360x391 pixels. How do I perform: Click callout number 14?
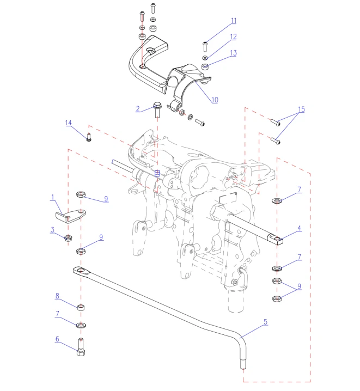[69, 123]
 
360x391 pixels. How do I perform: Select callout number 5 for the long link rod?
[266, 322]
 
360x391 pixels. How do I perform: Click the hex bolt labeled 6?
[80, 347]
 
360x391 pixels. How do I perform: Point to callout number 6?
[57, 339]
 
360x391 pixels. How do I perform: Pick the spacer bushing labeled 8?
[80, 307]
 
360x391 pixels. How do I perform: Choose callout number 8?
[57, 296]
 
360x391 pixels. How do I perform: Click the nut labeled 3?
[69, 238]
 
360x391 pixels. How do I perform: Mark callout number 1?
[53, 197]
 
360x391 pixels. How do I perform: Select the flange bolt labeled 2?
[157, 109]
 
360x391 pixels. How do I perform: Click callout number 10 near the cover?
[215, 100]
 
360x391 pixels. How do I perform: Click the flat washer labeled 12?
[205, 57]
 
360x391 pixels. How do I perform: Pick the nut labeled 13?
[206, 67]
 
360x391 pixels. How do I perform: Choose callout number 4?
[299, 228]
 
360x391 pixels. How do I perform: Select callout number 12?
[233, 37]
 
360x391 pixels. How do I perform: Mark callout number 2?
[138, 108]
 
